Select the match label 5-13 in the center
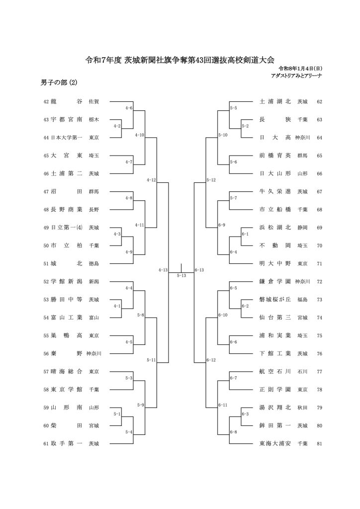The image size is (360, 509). point(181,275)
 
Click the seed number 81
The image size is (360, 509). point(319,443)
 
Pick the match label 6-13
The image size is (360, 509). point(200,270)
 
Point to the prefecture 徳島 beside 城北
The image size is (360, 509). point(93,263)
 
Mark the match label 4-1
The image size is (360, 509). point(117,306)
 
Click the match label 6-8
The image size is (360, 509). point(233,431)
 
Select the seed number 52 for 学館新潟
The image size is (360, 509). point(46,281)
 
